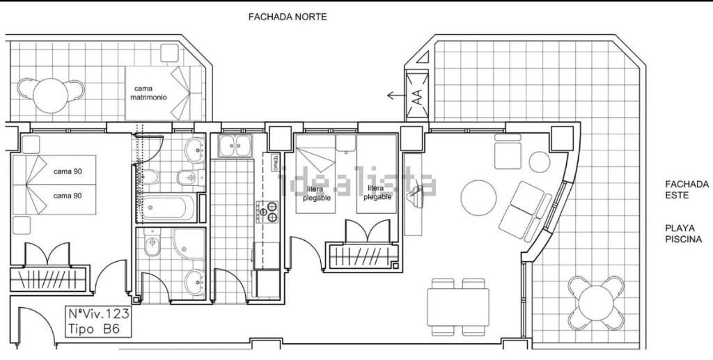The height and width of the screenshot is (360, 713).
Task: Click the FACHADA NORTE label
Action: point(288,17)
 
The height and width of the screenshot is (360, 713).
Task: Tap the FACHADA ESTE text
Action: point(687,189)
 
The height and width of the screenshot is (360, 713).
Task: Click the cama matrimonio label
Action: point(148,93)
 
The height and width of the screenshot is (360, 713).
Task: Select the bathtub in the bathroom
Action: point(169,208)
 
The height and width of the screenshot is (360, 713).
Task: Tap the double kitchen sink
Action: point(235,146)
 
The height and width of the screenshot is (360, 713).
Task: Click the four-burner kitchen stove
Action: point(267,212)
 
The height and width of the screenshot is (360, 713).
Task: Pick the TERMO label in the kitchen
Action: point(275,162)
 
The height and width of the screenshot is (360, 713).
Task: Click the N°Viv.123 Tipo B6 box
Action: point(99,322)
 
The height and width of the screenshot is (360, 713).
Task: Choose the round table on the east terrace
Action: point(596,302)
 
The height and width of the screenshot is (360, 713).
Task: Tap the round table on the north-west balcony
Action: point(50,95)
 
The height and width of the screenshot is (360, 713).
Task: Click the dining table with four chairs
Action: point(458,307)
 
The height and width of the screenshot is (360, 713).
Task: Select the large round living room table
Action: point(478,198)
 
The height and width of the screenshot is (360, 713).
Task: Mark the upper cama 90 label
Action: point(68,171)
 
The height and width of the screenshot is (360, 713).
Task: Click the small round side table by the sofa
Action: point(540,162)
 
